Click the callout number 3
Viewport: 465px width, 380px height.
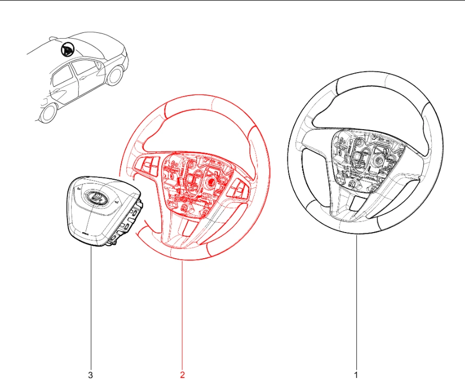click(90, 375)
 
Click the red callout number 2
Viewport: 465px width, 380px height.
click(182, 375)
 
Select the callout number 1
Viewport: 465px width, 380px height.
click(356, 375)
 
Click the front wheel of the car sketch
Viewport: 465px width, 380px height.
click(48, 113)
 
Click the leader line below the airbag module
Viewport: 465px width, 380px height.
click(91, 308)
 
